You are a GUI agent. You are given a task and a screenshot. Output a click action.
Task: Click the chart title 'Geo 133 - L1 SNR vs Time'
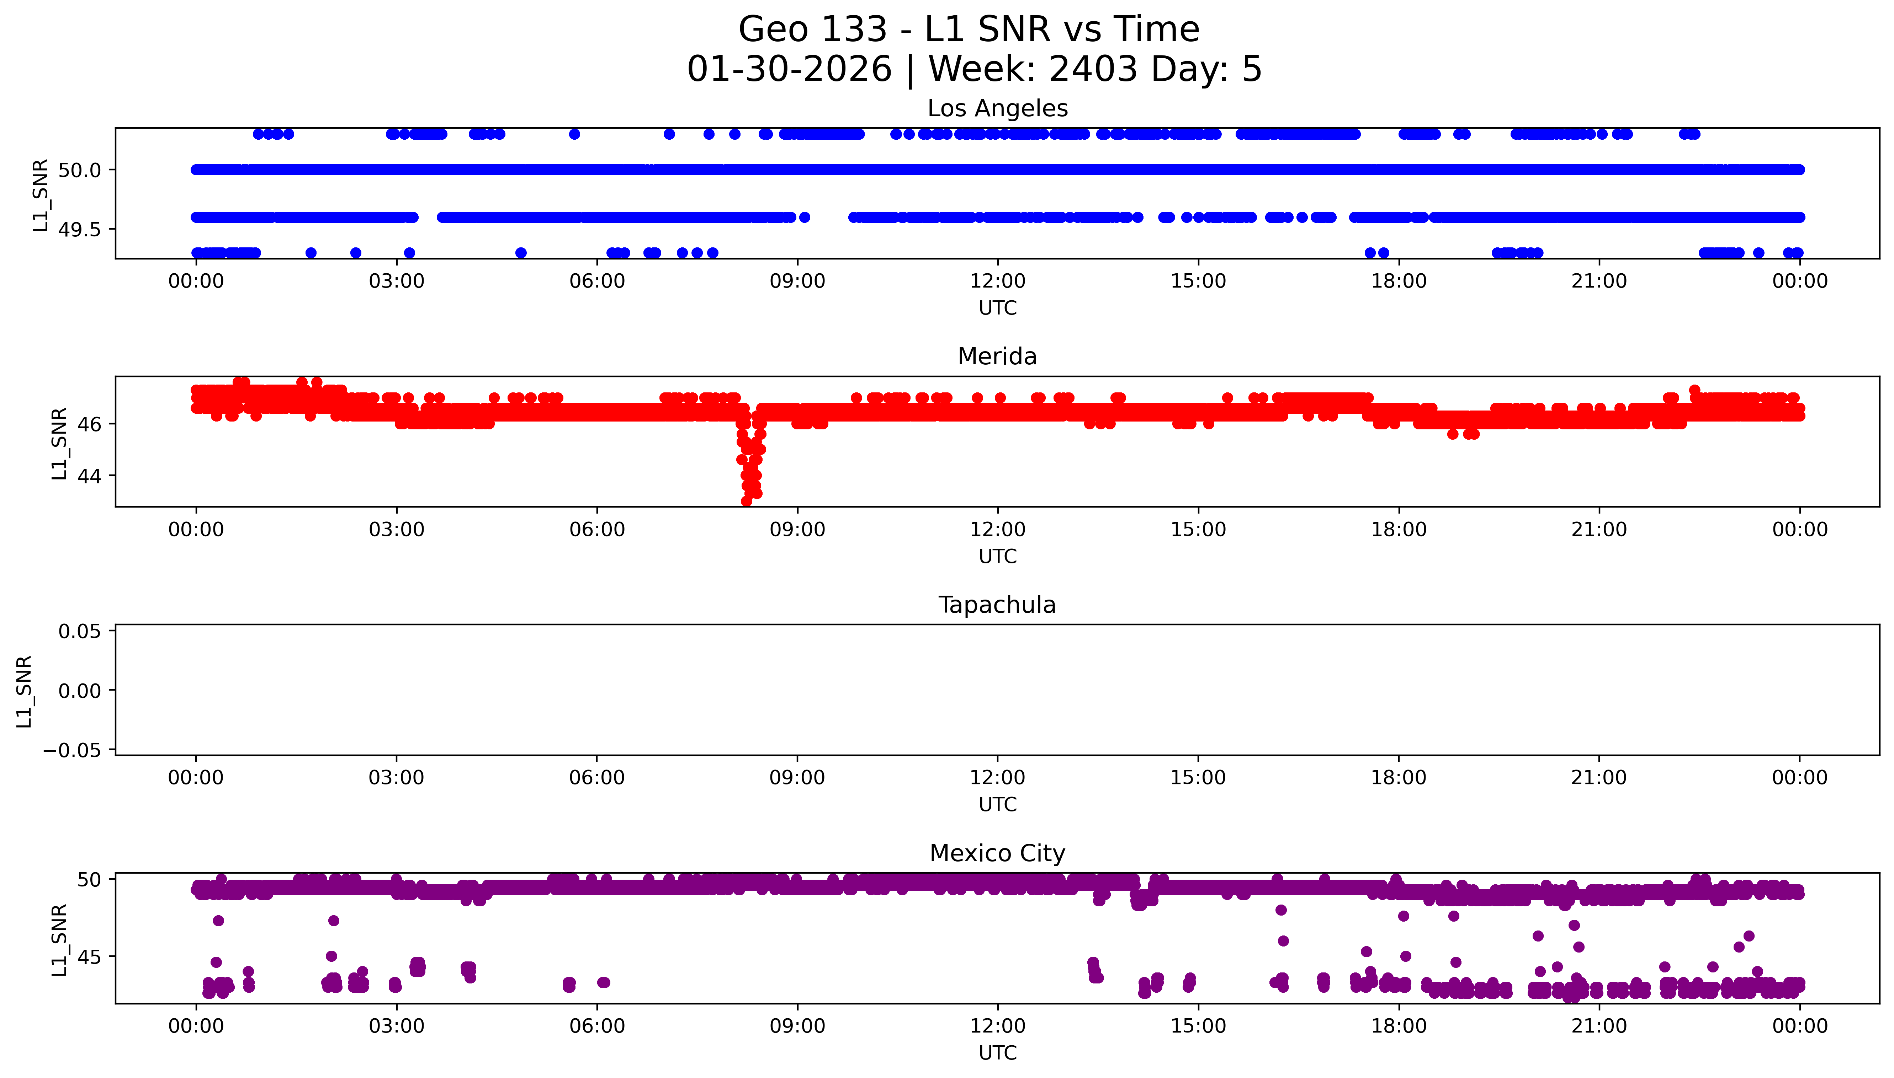[x=969, y=30]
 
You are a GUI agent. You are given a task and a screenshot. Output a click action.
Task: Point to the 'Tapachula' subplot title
[x=997, y=605]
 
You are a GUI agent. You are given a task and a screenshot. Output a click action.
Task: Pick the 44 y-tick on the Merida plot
[x=89, y=475]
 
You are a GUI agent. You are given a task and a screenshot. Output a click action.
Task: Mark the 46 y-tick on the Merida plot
[x=89, y=424]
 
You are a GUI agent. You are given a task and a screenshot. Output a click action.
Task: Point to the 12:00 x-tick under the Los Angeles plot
[x=998, y=281]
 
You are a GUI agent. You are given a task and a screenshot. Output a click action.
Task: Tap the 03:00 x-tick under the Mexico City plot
[x=396, y=1026]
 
